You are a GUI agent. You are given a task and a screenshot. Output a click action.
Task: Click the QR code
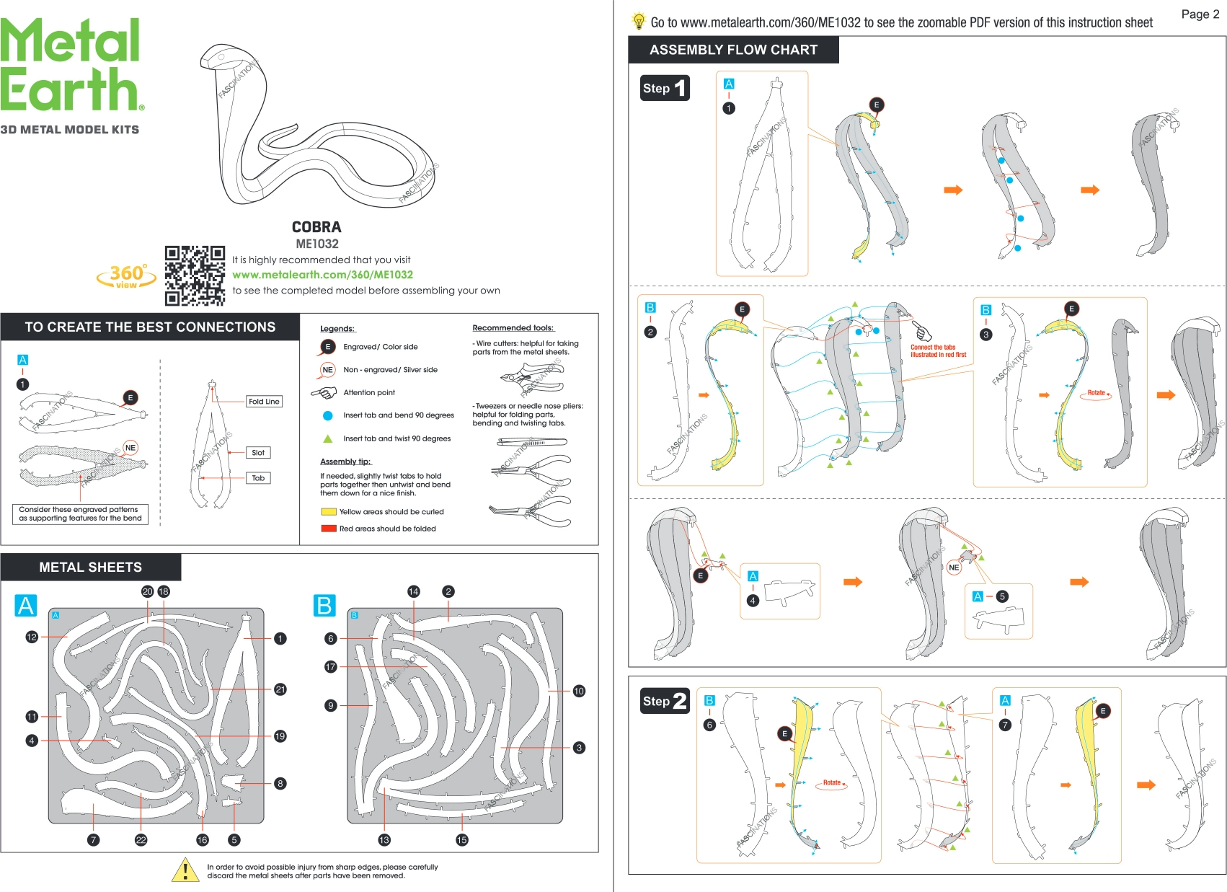coord(195,275)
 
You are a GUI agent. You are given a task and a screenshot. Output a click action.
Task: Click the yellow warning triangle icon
coord(185,870)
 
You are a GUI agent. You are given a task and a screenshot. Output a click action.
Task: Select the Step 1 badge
coord(665,88)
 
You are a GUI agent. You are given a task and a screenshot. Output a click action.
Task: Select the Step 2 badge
coord(665,700)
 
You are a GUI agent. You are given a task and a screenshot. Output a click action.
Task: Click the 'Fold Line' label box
coord(264,402)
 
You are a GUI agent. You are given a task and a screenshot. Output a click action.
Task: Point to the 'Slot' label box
coord(258,453)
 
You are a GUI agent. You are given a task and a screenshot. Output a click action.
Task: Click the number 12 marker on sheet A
coord(32,637)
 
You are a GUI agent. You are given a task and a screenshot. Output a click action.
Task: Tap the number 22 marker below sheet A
coord(141,839)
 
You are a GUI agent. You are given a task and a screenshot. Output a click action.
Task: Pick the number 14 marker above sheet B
coord(413,591)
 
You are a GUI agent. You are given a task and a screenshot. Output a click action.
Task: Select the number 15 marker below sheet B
coord(462,839)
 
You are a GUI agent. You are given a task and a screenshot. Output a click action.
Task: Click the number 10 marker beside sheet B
coord(579,691)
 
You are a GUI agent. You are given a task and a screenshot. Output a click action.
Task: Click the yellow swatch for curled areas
coord(329,512)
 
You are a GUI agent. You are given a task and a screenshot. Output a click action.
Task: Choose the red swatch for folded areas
coord(329,529)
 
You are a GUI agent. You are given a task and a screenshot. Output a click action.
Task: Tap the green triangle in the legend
coord(328,438)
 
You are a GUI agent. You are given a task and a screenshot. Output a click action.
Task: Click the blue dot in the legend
coord(328,415)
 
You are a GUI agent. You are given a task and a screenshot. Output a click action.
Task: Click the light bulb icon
coord(639,21)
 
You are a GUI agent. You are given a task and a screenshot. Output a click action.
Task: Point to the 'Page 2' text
coord(1200,14)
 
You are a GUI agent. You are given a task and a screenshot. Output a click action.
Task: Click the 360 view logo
coord(127,275)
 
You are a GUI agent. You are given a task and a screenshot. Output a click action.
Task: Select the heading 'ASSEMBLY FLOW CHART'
coord(733,50)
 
